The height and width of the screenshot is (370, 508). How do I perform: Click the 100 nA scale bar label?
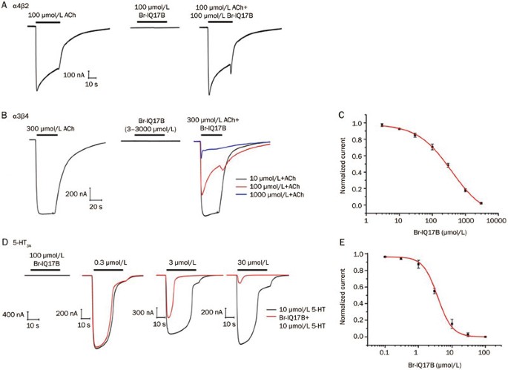pyautogui.click(x=75, y=75)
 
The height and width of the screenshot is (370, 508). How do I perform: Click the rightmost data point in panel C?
pyautogui.click(x=481, y=202)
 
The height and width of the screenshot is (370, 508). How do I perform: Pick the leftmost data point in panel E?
pyautogui.click(x=384, y=257)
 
